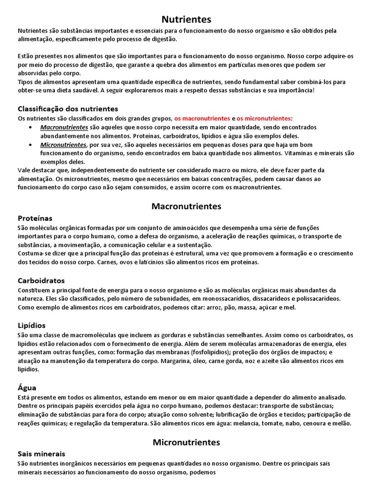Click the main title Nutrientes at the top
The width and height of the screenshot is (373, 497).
pos(186,19)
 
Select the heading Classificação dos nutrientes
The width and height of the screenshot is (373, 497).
pos(68,109)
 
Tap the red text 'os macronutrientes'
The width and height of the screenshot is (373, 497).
pos(202,118)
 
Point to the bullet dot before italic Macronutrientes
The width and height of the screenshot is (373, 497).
pos(31,127)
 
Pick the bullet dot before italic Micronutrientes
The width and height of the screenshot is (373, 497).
pos(31,145)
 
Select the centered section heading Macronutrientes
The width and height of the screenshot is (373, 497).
pos(186,206)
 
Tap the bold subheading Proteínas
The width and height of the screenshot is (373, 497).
pos(35,218)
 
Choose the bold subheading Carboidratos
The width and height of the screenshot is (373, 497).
pos(41,281)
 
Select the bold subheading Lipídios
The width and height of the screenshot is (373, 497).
pos(32,325)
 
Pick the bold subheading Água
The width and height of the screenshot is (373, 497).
pos(27,388)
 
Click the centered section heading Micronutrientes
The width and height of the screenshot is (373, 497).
pos(186,442)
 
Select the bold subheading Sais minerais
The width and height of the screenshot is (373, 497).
pos(41,454)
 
